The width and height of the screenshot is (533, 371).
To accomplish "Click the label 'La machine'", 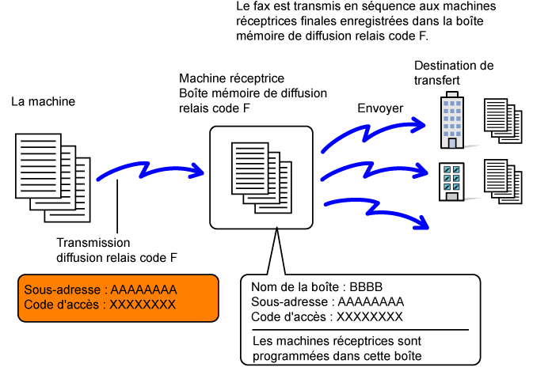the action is [44, 101].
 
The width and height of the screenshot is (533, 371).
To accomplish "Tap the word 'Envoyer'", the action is [380, 108].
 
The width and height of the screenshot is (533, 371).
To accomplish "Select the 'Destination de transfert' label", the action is [454, 73].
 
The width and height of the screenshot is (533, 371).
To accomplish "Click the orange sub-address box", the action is [118, 297].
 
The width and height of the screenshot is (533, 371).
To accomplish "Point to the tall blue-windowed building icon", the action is [452, 120].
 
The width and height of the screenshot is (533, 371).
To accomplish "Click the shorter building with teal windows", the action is [451, 182].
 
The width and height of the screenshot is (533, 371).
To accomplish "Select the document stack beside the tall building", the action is [503, 121].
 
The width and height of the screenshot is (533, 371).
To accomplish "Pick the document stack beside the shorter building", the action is [503, 182].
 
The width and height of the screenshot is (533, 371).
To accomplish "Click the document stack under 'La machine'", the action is [53, 178].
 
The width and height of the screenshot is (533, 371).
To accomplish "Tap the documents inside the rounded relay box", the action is [261, 178].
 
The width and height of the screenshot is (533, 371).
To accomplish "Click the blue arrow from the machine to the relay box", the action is [149, 170].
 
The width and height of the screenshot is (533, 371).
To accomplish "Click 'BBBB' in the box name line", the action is [366, 287].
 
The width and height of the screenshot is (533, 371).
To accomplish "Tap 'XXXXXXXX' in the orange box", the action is [143, 305].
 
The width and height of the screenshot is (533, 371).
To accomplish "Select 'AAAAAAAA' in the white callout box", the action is [371, 301].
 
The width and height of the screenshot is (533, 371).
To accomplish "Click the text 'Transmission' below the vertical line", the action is [93, 243].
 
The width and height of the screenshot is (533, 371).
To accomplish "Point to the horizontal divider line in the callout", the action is [360, 330].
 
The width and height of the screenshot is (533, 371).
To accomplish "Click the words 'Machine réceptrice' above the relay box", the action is [231, 78].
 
